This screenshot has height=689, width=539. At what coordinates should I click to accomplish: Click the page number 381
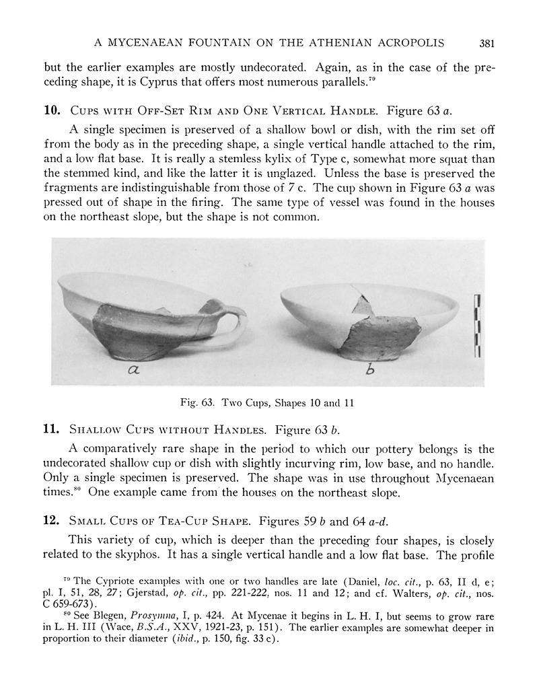[488, 44]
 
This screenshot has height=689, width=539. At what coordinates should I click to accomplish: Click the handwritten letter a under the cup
[132, 371]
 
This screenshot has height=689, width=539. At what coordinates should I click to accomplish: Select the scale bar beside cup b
[478, 325]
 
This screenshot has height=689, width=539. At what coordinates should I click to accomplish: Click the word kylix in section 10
[252, 159]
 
